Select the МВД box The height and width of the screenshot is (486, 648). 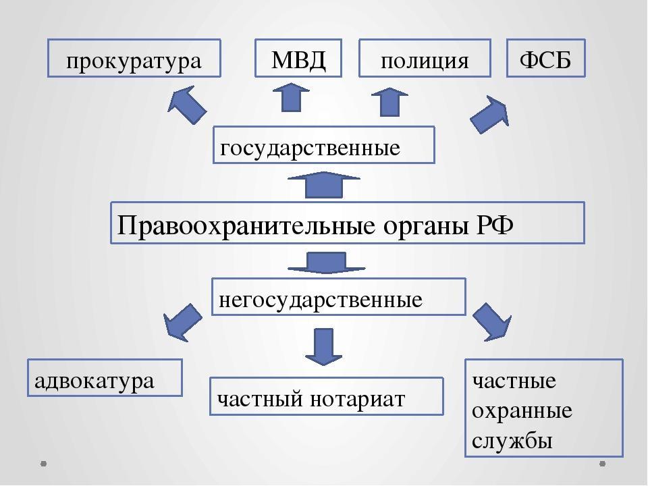(x=298, y=58)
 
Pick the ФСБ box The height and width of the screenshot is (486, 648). (x=546, y=58)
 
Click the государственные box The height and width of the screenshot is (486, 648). (x=324, y=145)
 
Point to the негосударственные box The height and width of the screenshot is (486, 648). (x=339, y=297)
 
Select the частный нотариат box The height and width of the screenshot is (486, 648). (x=326, y=396)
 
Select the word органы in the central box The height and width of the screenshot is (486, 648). (x=421, y=223)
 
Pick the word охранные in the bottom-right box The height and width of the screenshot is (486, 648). (x=522, y=411)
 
